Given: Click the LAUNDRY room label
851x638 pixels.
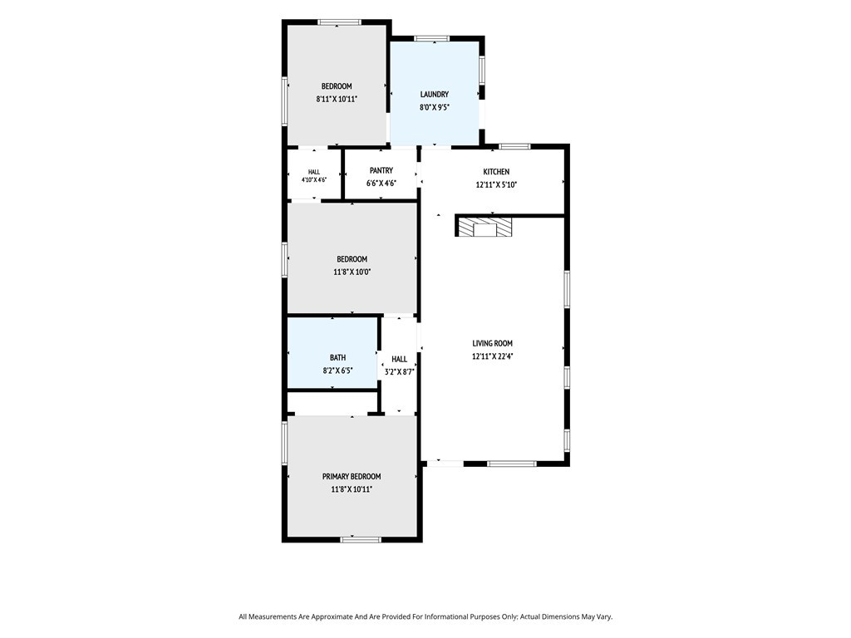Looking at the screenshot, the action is point(434,95).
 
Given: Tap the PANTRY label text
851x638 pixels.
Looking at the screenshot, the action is point(381,170).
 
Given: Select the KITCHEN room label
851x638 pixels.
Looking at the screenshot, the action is point(496,171).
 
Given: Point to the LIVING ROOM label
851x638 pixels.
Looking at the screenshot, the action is point(492,343).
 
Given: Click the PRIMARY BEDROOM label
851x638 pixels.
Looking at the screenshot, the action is point(352,477).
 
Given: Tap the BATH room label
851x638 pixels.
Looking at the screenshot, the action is point(337,358).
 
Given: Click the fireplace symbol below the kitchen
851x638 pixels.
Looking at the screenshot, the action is point(485,227).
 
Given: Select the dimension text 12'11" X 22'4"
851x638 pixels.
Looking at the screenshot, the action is point(492,356).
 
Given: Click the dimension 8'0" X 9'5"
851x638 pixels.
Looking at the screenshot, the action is point(434,107).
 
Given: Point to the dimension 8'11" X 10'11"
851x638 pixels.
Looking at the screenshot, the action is point(337,100).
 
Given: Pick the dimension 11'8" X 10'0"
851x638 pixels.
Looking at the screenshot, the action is point(352,272).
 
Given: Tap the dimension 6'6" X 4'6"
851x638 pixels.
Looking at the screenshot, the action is point(381,184).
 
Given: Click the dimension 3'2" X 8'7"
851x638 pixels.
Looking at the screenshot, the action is point(399,372).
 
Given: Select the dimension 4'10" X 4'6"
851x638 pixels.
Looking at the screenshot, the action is point(313,179).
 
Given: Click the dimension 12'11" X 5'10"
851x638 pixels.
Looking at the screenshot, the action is point(496,184).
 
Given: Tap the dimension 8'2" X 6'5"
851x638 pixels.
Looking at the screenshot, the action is point(337,371).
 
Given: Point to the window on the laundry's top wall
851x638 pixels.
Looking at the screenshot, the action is point(431,38).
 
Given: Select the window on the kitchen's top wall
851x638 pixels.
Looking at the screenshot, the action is point(514,146).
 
